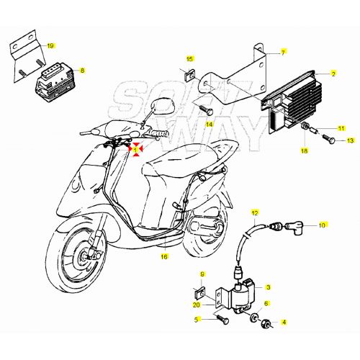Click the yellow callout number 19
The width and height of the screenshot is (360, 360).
[x=50, y=45]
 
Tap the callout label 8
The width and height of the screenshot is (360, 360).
[x=82, y=71]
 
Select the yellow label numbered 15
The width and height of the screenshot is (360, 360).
[x=190, y=58]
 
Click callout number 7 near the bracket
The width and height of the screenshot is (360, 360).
[x=283, y=53]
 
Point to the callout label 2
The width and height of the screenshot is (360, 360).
[x=333, y=73]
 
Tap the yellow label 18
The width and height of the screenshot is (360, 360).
[x=304, y=152]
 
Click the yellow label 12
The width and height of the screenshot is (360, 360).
[x=254, y=214]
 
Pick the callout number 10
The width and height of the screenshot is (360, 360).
[x=322, y=225]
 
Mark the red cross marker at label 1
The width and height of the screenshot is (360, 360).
[x=135, y=148]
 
